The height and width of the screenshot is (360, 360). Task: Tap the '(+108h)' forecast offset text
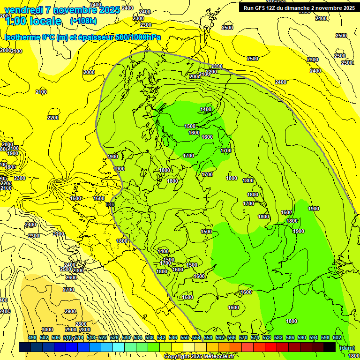tap(83, 21)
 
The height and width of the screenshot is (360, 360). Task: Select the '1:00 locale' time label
tap(33, 21)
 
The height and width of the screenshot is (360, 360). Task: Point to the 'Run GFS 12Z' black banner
tap(298, 7)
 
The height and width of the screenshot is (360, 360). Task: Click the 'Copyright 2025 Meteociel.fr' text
tap(198, 357)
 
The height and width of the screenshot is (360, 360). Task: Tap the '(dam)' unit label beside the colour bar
tap(347, 347)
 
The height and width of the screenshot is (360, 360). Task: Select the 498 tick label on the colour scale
tap(32, 337)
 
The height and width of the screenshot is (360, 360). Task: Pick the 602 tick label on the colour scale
tap(337, 337)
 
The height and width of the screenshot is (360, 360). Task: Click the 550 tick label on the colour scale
tap(185, 337)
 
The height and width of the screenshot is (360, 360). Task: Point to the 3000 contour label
tap(47, 330)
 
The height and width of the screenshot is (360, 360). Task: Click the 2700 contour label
tap(68, 290)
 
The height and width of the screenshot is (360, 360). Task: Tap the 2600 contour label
tap(71, 277)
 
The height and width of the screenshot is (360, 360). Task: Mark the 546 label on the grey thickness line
tap(111, 204)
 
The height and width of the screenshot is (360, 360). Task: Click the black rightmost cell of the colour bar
tap(330, 347)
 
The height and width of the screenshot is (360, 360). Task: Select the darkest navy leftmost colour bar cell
tap(25, 347)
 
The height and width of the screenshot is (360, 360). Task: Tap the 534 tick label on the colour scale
tap(138, 337)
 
